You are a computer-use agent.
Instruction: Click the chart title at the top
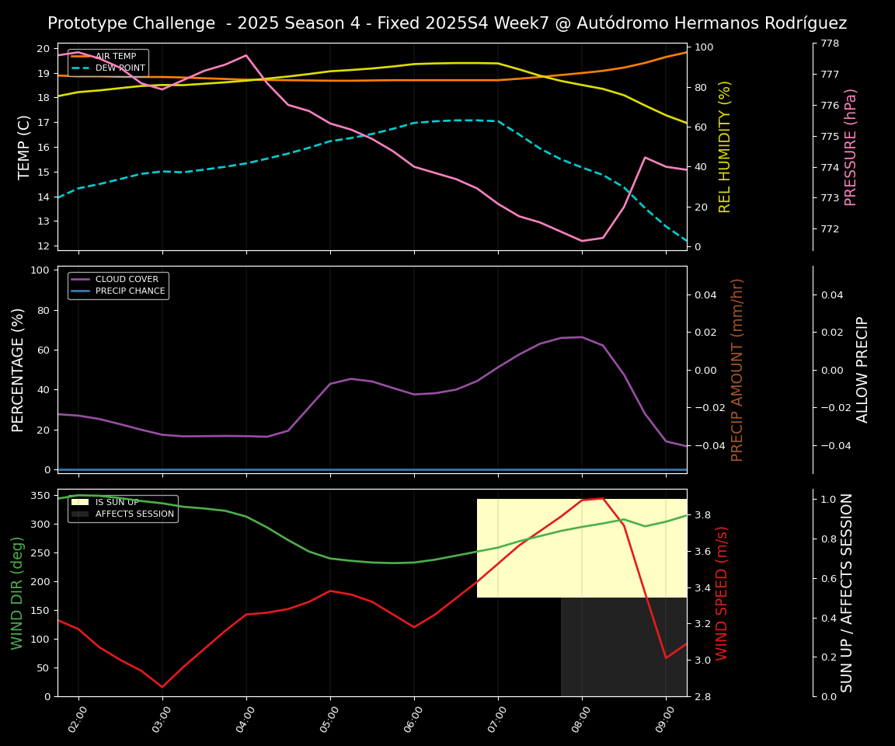tap(447, 23)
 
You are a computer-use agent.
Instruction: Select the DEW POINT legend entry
tap(120, 68)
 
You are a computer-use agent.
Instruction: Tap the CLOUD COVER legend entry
tap(128, 280)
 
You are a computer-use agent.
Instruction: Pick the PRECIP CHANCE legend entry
tap(130, 291)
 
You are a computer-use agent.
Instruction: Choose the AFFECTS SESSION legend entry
tap(134, 514)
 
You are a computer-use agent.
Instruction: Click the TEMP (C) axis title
tap(24, 147)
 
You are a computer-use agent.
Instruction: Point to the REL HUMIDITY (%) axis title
tap(726, 147)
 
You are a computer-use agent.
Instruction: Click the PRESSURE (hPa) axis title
tap(851, 147)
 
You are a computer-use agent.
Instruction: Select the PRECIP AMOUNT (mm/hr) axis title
tap(738, 370)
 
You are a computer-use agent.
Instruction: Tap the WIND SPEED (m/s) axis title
tap(723, 593)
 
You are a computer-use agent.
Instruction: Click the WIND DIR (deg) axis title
tap(18, 593)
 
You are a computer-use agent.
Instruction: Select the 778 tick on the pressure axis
tap(830, 44)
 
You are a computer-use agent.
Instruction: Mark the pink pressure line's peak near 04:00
tap(246, 55)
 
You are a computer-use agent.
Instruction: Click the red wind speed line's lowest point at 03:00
tap(162, 687)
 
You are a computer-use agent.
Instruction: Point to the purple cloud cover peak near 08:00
tap(582, 336)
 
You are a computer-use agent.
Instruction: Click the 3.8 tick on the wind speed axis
tap(702, 515)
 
